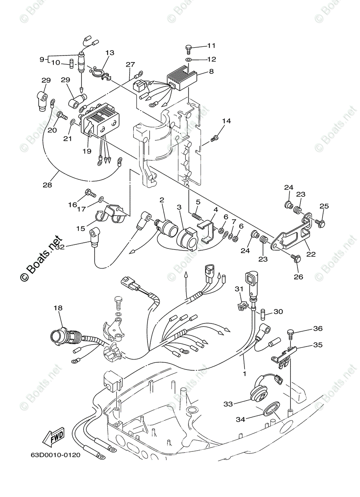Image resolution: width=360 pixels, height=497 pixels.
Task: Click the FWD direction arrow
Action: pos(52,437)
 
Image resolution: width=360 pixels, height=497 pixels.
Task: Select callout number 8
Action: pos(211,71)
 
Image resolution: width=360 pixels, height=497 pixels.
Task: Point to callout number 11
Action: pos(211,46)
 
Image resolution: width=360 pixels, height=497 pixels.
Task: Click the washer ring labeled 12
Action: pos(188,60)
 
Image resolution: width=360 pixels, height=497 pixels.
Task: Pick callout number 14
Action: pos(226,121)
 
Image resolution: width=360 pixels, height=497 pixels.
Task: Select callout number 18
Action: pos(58,308)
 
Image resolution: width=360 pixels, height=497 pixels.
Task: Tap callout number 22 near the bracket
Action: pos(311,254)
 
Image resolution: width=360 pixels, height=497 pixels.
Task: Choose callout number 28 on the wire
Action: pos(47,185)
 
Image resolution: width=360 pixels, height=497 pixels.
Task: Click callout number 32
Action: pos(60,247)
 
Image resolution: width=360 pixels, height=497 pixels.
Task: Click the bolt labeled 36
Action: pos(290,333)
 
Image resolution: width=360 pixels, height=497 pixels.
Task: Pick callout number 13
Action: pos(109,53)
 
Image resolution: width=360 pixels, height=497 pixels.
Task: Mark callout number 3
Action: pos(179,206)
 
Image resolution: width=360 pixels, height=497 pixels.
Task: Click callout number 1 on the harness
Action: pos(244,373)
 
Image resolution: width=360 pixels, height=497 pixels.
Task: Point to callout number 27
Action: pos(130,64)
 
